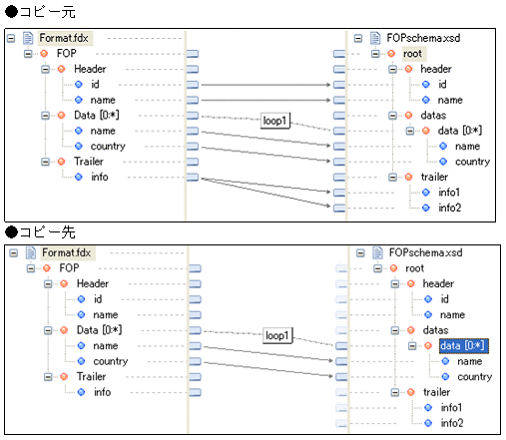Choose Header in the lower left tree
(93, 283)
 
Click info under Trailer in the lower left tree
(102, 392)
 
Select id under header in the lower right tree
(444, 298)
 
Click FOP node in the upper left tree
(67, 53)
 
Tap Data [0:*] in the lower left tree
(98, 329)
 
